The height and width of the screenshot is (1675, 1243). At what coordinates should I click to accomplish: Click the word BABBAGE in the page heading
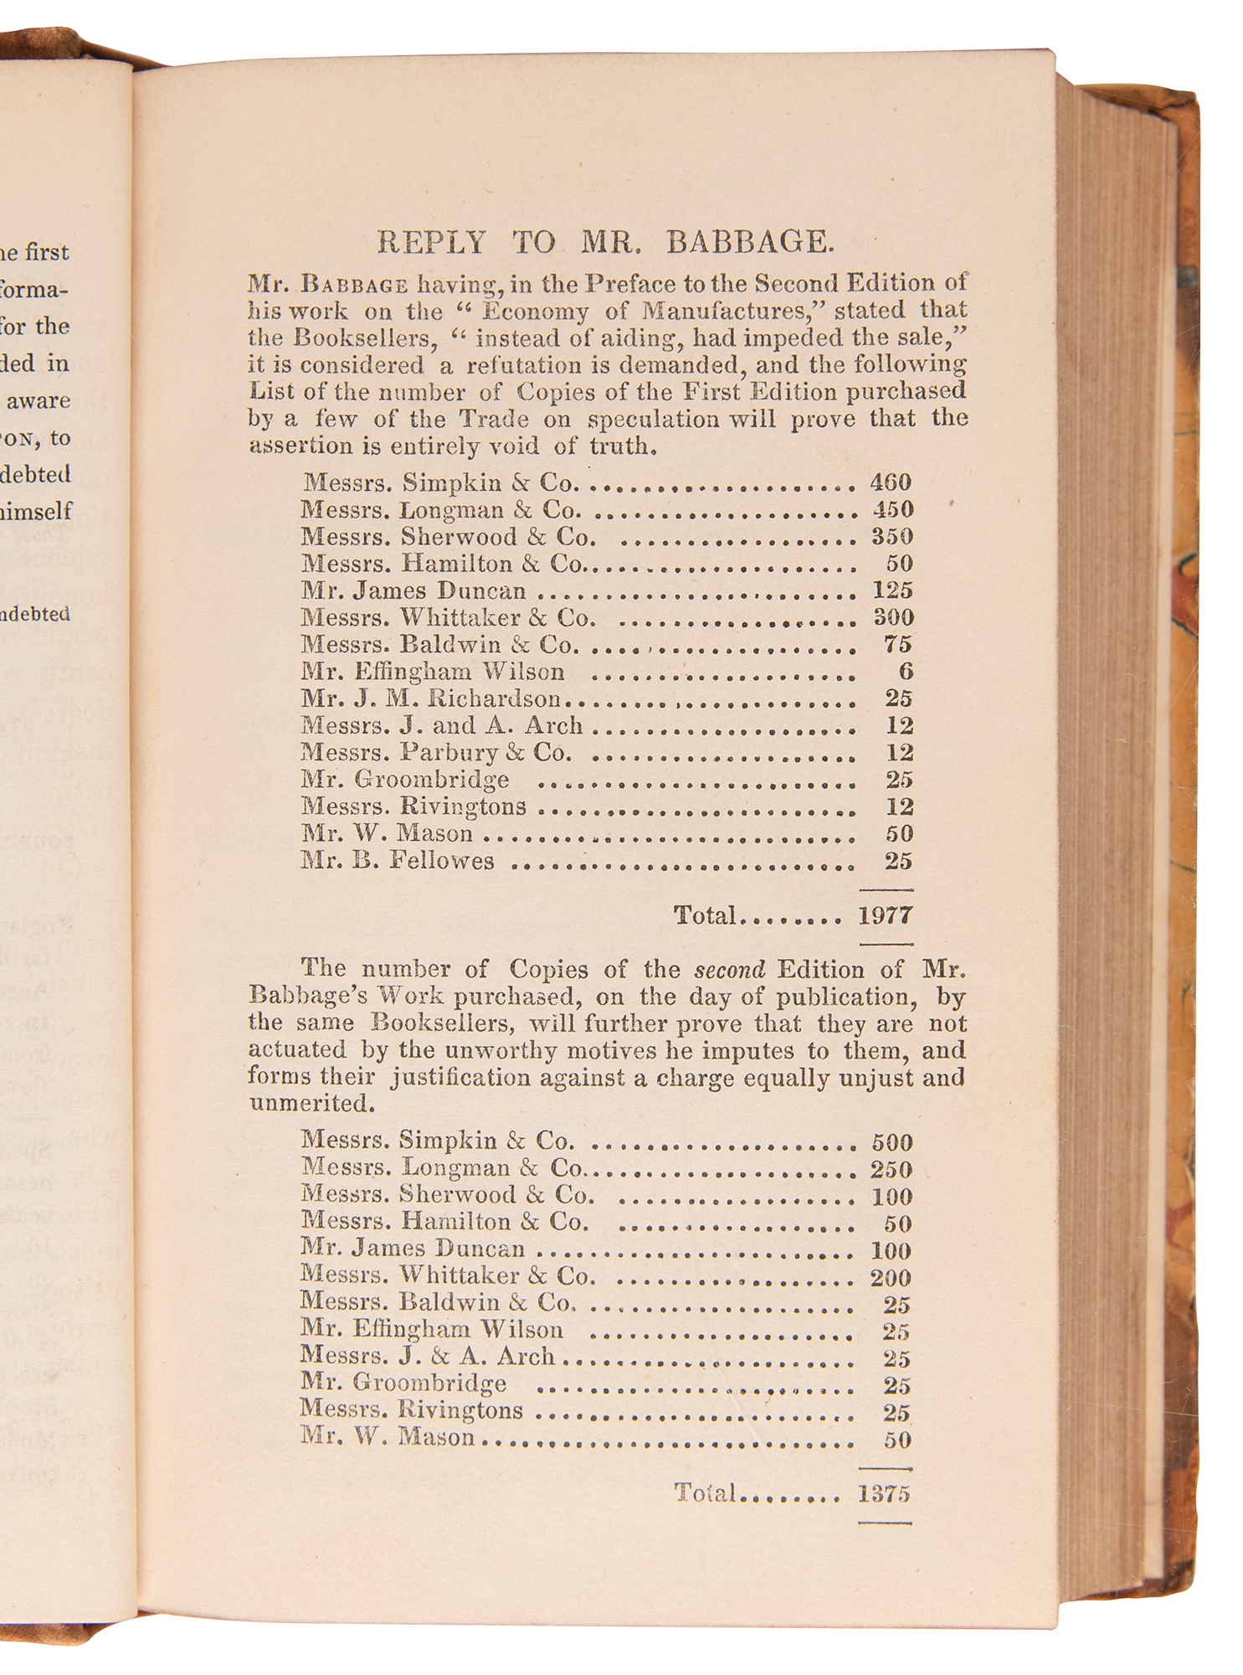(750, 243)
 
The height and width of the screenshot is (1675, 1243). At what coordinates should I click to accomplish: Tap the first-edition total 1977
(885, 915)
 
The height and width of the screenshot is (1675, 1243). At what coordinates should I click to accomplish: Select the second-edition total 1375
(884, 1494)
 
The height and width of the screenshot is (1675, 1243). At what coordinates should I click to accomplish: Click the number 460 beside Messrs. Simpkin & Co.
(891, 482)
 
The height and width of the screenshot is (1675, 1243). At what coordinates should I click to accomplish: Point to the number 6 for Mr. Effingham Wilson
(906, 672)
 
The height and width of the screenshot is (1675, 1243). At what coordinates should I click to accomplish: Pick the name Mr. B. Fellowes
(398, 861)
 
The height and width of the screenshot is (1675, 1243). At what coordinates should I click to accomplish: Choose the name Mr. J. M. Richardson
(431, 698)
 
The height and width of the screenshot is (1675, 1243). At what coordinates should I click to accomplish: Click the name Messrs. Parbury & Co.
(436, 752)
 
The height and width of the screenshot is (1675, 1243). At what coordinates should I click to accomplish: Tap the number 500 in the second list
(891, 1143)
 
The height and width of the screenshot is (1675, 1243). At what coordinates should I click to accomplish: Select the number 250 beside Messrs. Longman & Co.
(891, 1170)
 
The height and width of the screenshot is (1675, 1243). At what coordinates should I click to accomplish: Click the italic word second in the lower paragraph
(730, 970)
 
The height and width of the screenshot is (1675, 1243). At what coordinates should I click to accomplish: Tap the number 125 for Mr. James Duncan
(892, 590)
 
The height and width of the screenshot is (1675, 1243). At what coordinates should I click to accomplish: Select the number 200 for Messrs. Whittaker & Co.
(891, 1278)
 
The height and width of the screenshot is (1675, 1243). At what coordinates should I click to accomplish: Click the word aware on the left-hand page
(39, 400)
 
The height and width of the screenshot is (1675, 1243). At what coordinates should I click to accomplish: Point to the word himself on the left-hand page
(37, 511)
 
